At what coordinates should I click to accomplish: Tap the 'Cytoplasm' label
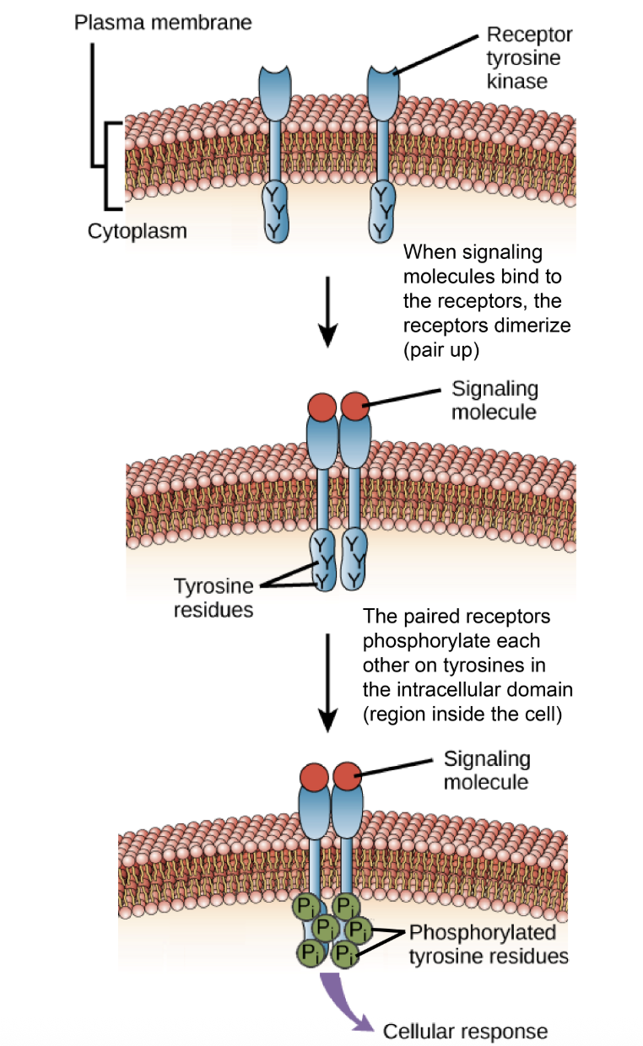(138, 230)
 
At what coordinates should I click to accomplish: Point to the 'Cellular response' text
(466, 1031)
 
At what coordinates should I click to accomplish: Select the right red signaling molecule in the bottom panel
(348, 774)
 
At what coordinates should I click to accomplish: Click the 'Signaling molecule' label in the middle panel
(494, 400)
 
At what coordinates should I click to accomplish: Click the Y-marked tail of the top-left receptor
(276, 211)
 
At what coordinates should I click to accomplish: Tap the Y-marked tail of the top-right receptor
(382, 211)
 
